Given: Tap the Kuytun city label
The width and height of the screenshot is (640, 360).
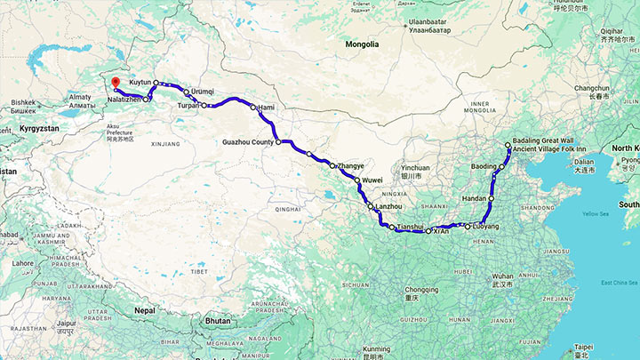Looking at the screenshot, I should [140, 82].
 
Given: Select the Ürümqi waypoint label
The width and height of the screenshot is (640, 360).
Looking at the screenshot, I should [203, 92].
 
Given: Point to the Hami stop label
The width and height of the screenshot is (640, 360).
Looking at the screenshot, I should [267, 108].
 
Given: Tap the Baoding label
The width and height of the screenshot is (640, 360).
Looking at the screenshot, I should [484, 166].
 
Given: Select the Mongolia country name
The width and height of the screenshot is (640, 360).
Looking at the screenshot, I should [363, 44].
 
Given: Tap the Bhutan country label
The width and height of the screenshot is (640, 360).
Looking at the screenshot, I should [217, 318].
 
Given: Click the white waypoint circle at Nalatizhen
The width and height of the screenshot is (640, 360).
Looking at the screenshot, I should [148, 99].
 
